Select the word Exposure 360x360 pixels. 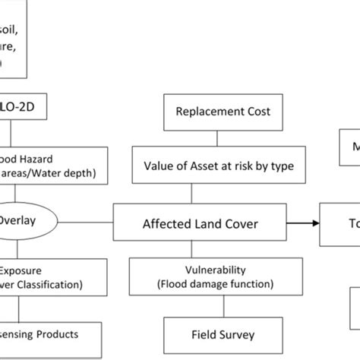pos(21,269)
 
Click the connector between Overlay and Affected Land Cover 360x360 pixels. pos(86,223)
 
